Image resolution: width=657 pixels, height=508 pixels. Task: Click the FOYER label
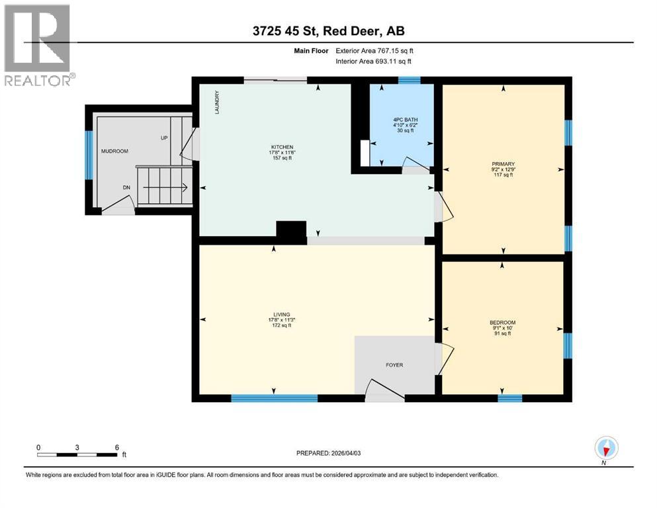click(x=395, y=364)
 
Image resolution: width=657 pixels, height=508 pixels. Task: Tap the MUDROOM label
click(x=113, y=151)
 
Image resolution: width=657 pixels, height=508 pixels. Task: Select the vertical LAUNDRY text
click(x=216, y=103)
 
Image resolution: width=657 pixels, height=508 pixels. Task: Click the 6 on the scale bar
click(x=116, y=447)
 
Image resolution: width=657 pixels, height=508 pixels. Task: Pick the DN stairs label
click(x=127, y=187)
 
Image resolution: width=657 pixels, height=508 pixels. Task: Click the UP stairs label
click(x=163, y=138)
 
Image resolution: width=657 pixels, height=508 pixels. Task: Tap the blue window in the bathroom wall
click(x=409, y=81)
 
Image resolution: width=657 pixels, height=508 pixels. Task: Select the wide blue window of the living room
click(x=274, y=398)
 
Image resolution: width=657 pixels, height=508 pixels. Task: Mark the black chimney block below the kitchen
click(x=291, y=230)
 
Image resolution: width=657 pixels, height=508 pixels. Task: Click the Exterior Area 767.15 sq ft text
click(x=375, y=50)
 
